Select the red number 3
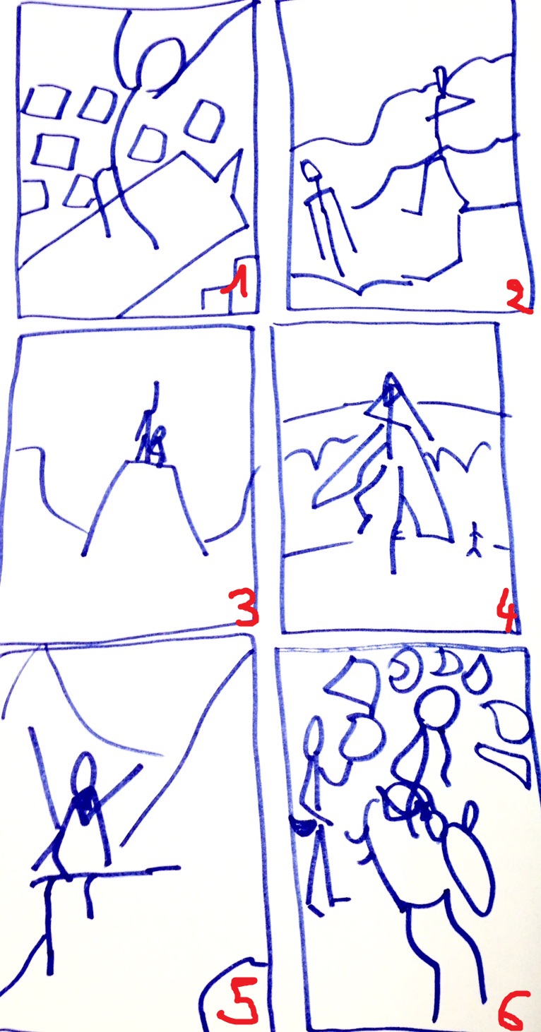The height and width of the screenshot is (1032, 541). click(246, 608)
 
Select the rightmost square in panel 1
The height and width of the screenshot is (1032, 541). click(205, 120)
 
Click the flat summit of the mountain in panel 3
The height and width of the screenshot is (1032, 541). click(152, 464)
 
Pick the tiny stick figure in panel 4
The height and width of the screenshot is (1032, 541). click(475, 539)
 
